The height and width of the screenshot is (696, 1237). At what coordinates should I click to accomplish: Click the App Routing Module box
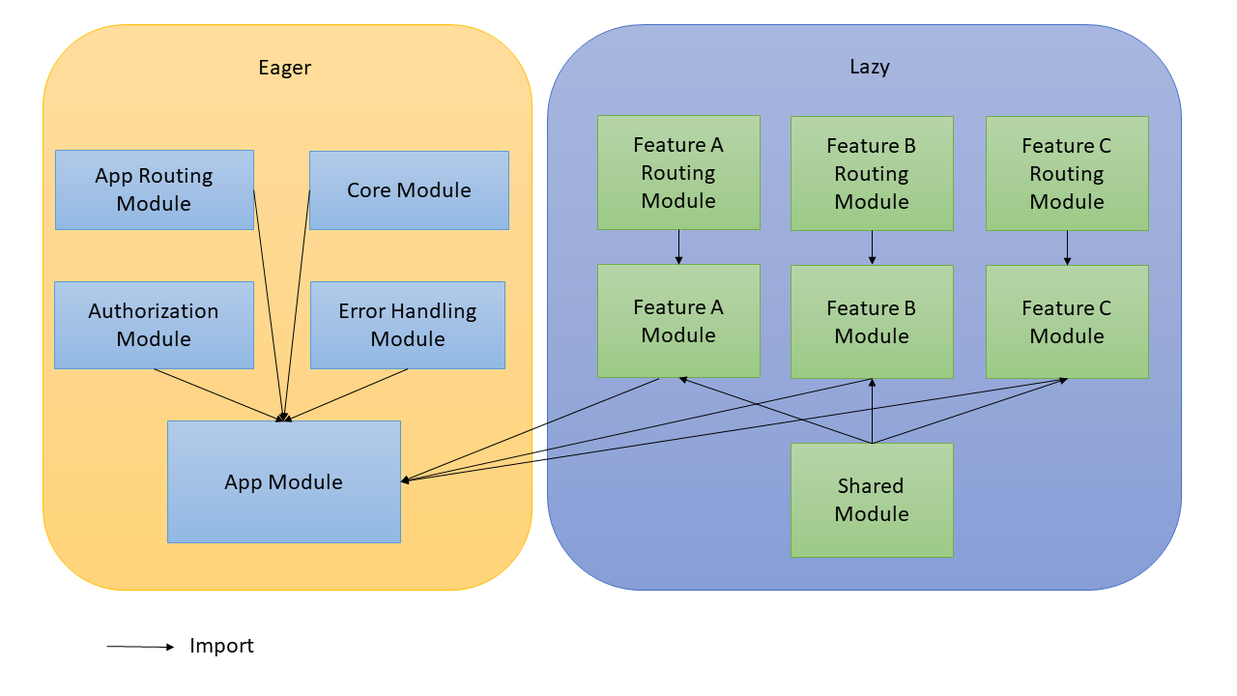(x=154, y=189)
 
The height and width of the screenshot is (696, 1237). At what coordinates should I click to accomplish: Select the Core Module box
(x=409, y=189)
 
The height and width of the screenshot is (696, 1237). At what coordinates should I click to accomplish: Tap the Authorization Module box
(x=154, y=325)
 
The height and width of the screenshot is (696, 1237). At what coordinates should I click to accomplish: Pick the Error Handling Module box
(x=407, y=325)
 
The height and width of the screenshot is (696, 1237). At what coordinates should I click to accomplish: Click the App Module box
(x=283, y=481)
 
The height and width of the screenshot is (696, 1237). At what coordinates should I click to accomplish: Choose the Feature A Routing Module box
(x=678, y=172)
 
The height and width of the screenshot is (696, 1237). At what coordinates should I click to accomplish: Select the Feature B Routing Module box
(x=872, y=173)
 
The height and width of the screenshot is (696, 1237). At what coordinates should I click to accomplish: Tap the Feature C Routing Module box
(x=1067, y=173)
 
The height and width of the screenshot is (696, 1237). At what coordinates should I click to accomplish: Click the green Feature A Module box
(x=678, y=321)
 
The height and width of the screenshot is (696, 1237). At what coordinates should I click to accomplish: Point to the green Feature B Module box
(x=872, y=321)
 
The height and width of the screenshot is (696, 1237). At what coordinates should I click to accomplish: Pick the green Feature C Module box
(x=1067, y=321)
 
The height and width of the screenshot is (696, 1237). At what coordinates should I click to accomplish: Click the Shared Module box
(x=872, y=500)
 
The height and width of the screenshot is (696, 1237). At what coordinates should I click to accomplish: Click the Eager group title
(x=285, y=68)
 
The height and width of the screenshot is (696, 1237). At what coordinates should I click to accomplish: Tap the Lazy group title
(x=870, y=67)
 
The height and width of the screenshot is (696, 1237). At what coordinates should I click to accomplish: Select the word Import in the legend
(x=221, y=646)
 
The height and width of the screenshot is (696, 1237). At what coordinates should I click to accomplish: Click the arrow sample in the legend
(x=140, y=647)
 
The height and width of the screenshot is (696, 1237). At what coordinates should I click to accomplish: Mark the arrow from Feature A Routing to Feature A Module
(x=678, y=246)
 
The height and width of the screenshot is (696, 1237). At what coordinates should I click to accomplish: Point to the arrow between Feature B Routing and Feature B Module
(x=872, y=246)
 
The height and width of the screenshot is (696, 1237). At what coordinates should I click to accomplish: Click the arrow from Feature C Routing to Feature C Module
(x=1067, y=246)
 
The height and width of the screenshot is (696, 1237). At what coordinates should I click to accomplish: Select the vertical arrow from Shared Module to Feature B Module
(x=872, y=411)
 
